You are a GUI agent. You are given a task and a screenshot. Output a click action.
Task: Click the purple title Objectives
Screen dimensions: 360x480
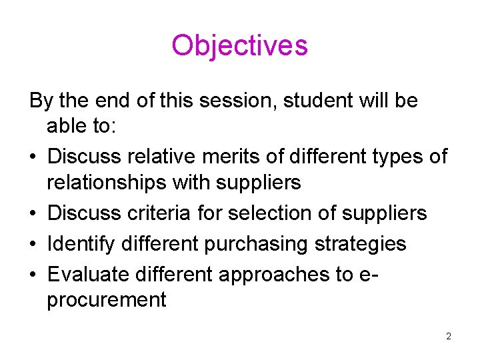[x=239, y=45]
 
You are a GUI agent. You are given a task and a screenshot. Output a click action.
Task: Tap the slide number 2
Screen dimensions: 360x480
[x=449, y=336]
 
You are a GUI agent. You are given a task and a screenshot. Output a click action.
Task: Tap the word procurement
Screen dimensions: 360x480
[x=107, y=299]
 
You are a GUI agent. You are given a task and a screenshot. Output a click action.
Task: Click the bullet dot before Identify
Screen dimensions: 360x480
[x=33, y=244]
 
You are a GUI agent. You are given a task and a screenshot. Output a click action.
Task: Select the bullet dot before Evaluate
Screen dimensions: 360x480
[x=33, y=275]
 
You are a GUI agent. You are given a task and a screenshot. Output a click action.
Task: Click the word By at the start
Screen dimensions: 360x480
[x=41, y=101]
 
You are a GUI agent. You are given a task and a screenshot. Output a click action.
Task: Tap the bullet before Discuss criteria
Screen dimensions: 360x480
[x=33, y=213]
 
